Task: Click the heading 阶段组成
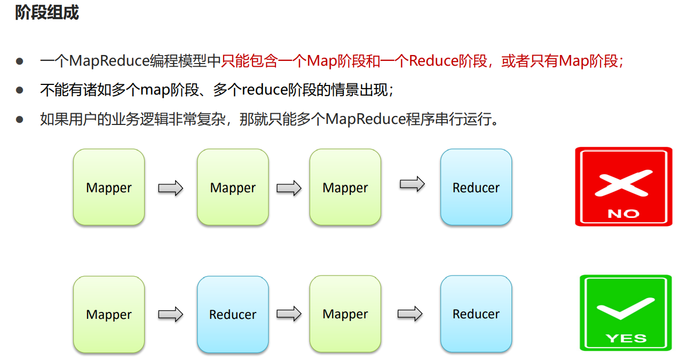[47, 13]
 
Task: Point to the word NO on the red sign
[623, 214]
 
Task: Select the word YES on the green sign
[626, 338]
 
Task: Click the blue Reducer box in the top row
[476, 187]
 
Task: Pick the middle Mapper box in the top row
[233, 187]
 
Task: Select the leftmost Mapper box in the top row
[109, 187]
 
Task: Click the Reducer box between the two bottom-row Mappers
[233, 314]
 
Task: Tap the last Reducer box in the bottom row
[476, 314]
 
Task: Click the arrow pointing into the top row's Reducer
[412, 184]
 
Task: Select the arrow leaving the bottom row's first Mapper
[170, 314]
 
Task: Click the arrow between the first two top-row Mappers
[170, 187]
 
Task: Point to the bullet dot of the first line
[20, 61]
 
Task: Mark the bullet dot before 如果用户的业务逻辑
[20, 119]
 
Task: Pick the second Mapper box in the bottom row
[345, 314]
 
